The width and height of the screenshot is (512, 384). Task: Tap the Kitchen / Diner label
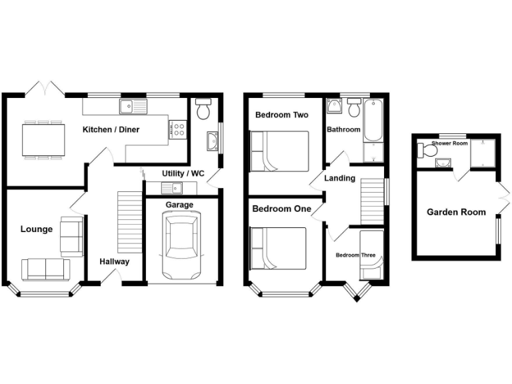(111, 129)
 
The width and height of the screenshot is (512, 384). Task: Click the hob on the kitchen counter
(177, 129)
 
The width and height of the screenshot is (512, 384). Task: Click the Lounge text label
(37, 229)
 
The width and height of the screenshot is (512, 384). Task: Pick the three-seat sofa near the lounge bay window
(46, 269)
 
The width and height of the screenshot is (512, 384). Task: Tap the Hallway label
(115, 262)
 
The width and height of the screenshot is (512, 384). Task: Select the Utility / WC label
(183, 173)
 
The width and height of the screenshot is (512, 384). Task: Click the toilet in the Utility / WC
(203, 109)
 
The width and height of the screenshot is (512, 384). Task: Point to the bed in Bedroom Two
(279, 151)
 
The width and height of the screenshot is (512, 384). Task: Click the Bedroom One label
(281, 209)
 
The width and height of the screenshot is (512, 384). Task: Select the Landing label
(339, 179)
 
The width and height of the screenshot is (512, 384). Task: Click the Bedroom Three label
(355, 255)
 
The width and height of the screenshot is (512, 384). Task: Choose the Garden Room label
(456, 213)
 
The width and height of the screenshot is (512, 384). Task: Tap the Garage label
(179, 205)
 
